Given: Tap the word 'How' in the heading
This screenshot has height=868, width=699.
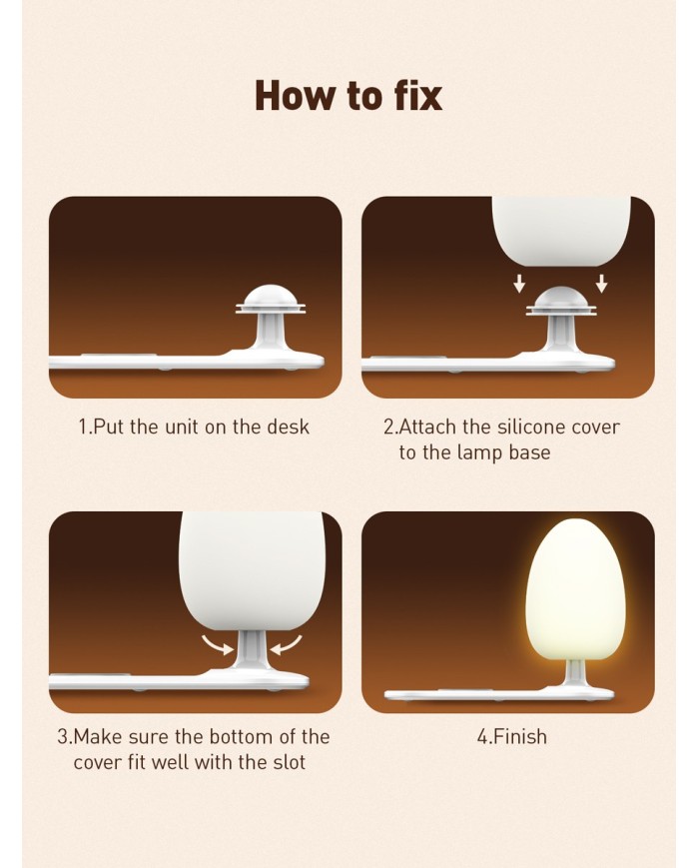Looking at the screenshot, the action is [x=297, y=96].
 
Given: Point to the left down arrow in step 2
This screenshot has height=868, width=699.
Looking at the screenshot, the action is [x=519, y=284].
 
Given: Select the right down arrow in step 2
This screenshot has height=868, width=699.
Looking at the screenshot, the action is [x=602, y=284].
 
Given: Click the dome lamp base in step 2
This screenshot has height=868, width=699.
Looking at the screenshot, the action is [x=561, y=301].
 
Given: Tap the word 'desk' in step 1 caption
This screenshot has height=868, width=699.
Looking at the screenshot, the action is [x=288, y=427].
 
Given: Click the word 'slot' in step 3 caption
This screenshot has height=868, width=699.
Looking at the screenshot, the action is [x=290, y=762].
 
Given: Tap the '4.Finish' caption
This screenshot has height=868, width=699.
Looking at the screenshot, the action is [x=512, y=737].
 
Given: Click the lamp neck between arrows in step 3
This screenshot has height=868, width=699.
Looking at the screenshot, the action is [x=251, y=650].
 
